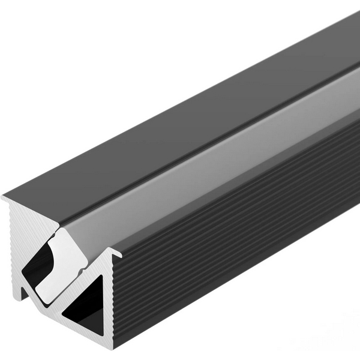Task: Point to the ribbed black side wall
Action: [240, 240]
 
